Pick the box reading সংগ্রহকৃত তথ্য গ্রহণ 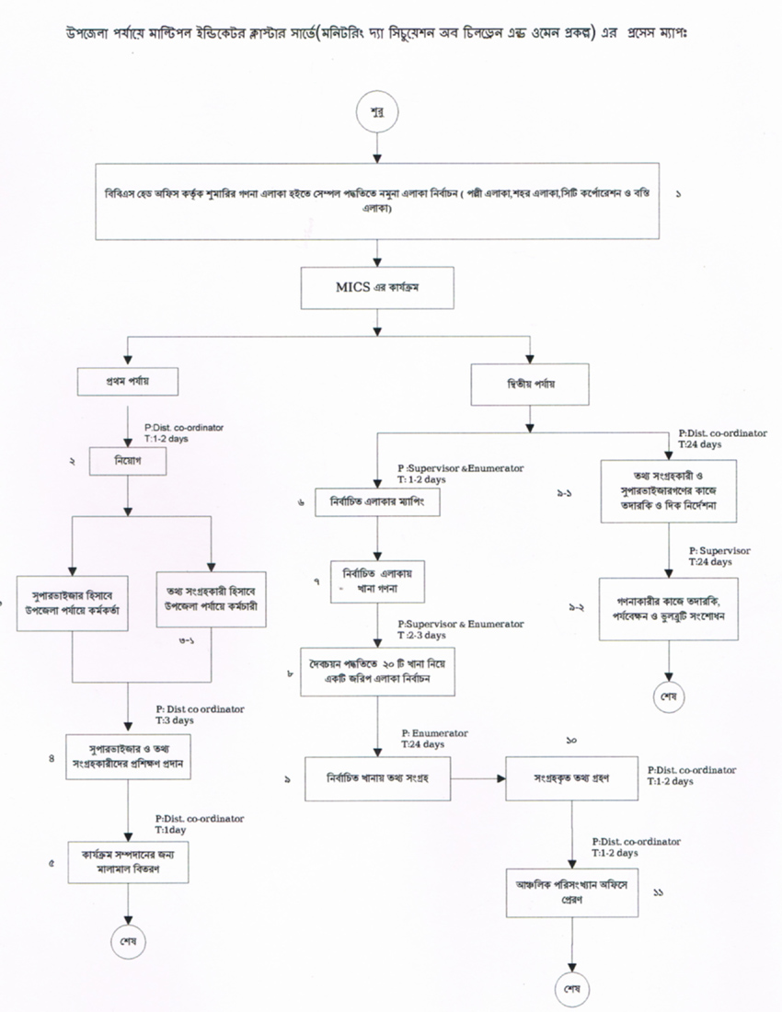[x=560, y=777]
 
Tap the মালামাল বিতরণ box [x=127, y=861]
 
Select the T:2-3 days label [x=422, y=636]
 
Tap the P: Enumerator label [x=434, y=733]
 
